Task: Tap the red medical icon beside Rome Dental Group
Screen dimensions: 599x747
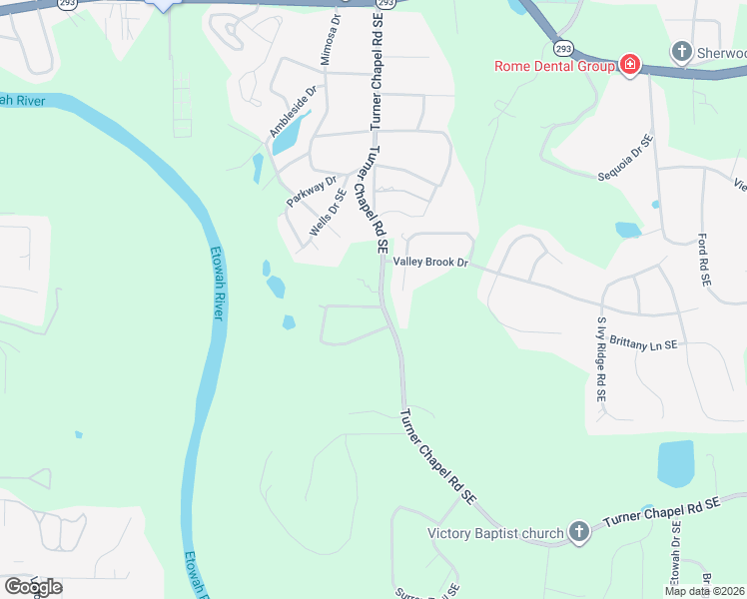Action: (x=630, y=66)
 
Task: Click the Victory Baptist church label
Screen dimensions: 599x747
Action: (x=496, y=533)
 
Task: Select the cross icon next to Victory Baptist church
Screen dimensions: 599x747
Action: (x=578, y=532)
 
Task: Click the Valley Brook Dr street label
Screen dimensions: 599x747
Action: (x=430, y=262)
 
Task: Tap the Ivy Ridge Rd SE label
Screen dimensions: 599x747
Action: (x=601, y=359)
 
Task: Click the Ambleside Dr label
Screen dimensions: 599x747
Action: (x=293, y=111)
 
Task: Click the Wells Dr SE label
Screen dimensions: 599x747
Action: (x=328, y=212)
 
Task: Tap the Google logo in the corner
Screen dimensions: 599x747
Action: (x=33, y=586)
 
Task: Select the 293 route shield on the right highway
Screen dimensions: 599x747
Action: (x=564, y=48)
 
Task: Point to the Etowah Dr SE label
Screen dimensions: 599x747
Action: (x=676, y=560)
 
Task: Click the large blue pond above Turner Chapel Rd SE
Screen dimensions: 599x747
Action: (x=676, y=464)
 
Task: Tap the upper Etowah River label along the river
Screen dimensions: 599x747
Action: (x=217, y=283)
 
